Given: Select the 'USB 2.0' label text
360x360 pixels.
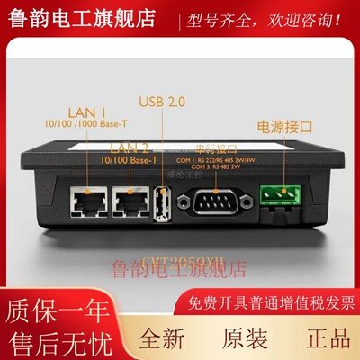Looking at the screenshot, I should tap(164, 103).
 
